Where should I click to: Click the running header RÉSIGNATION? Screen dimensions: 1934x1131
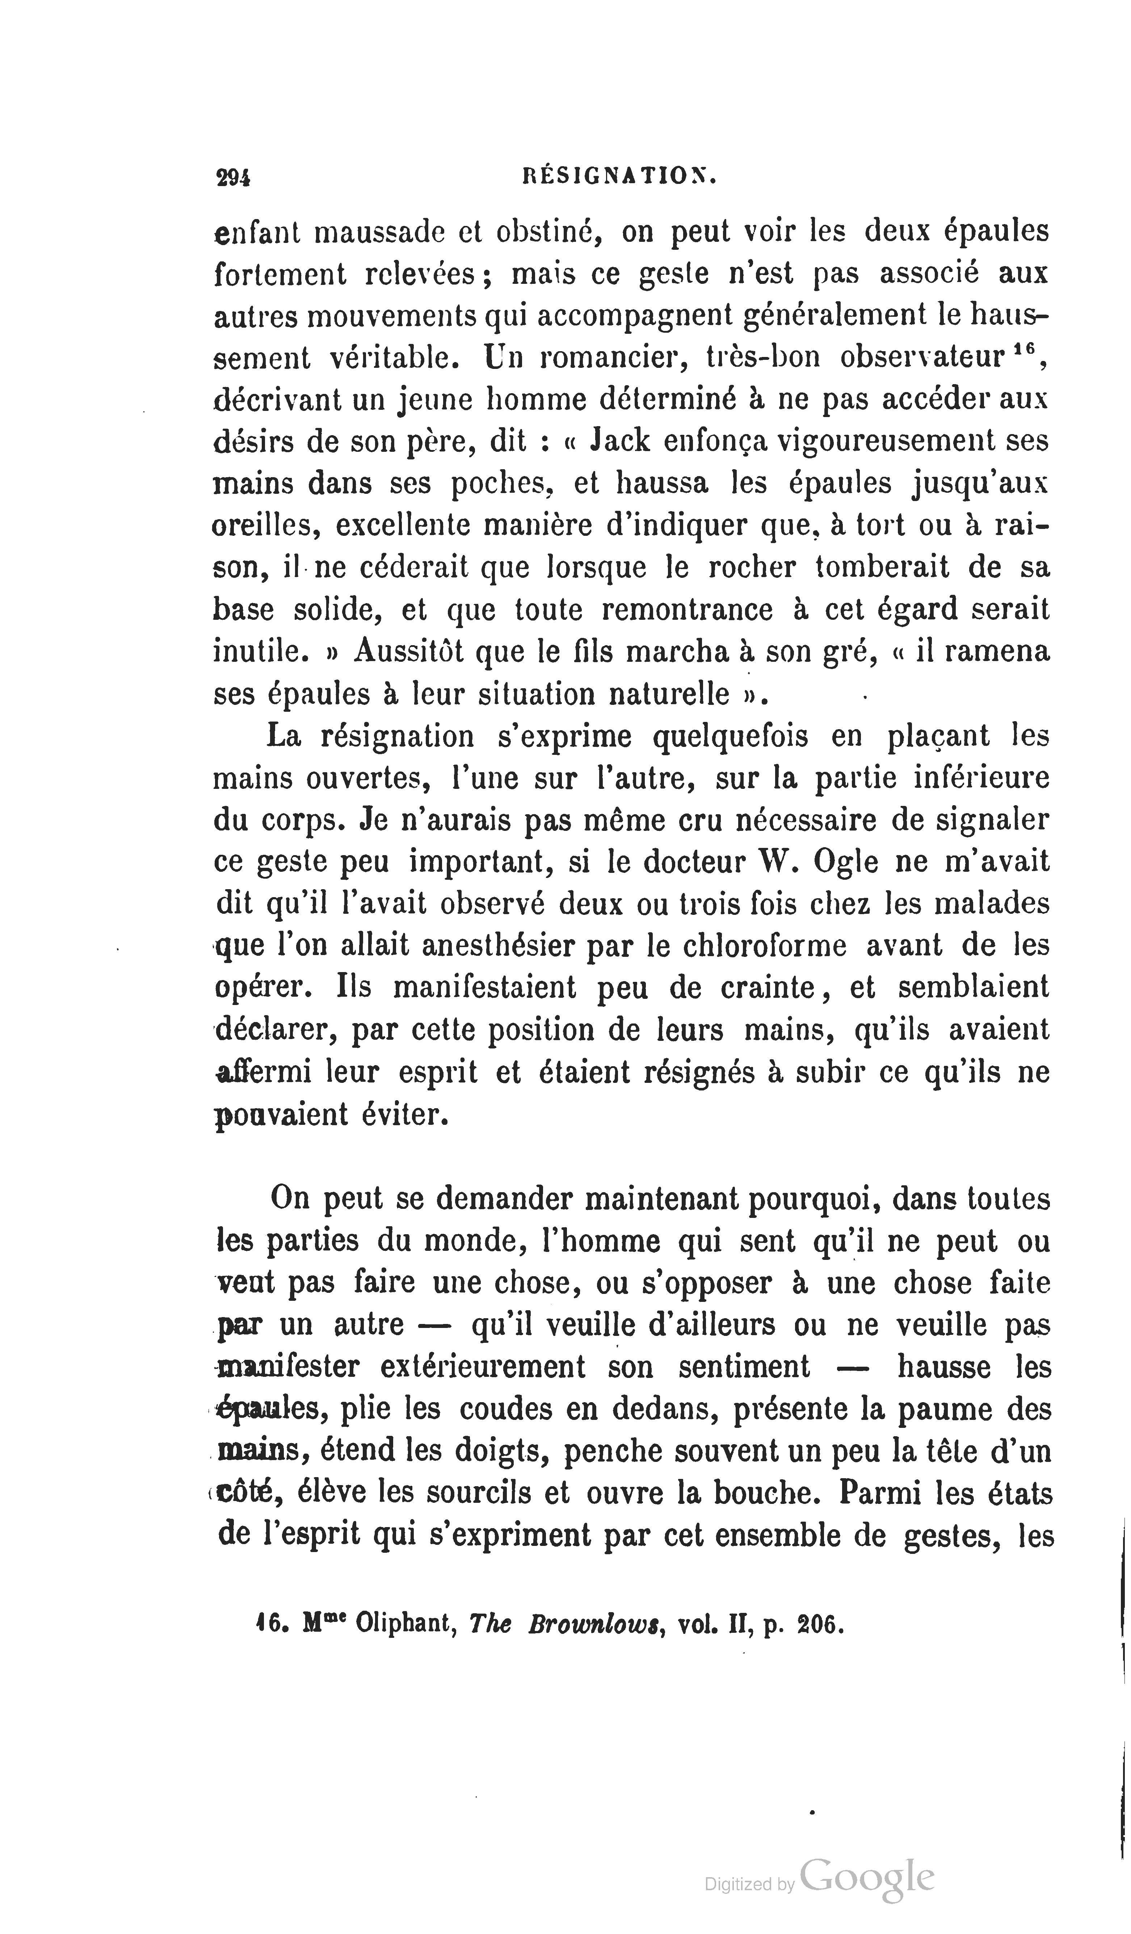coord(619,178)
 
